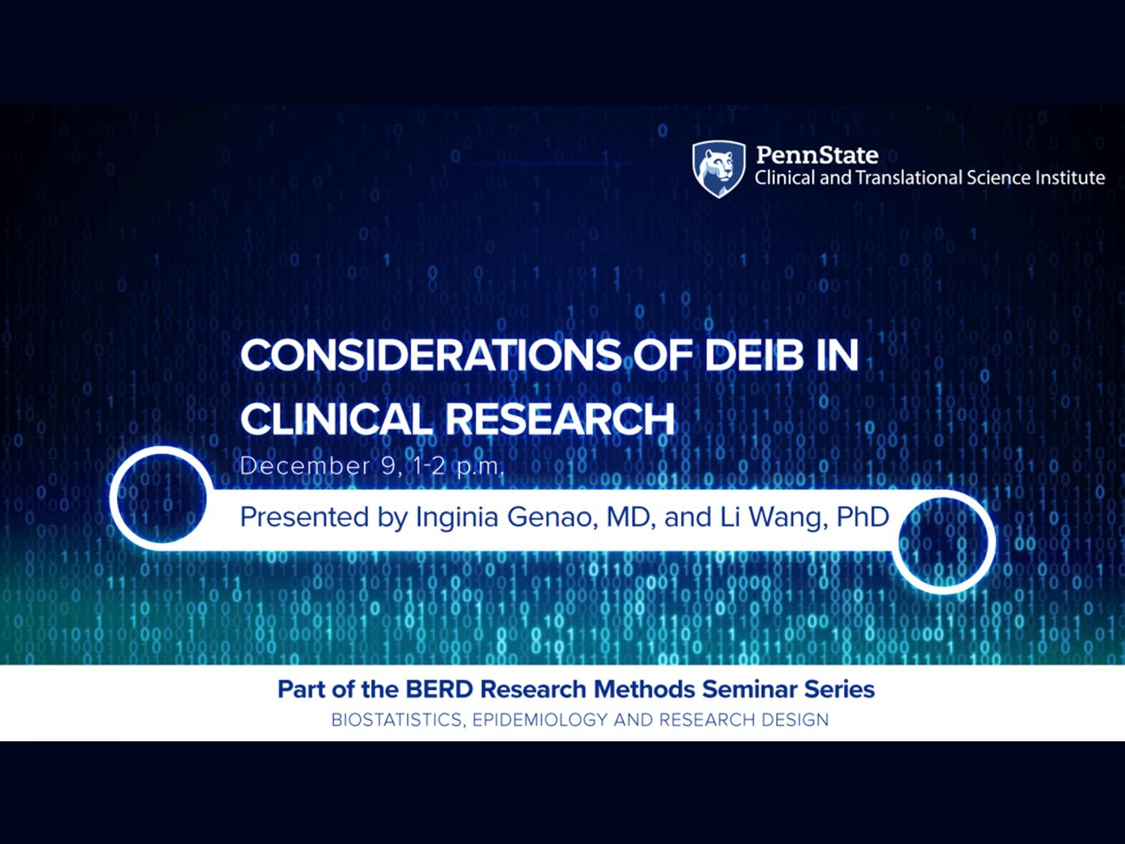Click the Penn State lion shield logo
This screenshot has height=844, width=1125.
(718, 169)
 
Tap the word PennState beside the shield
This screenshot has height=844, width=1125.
(817, 155)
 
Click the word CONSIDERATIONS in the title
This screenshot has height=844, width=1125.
(431, 356)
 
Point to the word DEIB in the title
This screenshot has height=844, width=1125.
(754, 356)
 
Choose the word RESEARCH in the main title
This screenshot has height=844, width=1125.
(559, 419)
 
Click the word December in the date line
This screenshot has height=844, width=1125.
(305, 467)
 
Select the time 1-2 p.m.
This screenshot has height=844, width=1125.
(458, 467)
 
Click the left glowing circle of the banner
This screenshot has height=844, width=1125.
(161, 497)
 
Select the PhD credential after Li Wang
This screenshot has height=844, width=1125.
(863, 517)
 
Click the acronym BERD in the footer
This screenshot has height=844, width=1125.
(439, 689)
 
